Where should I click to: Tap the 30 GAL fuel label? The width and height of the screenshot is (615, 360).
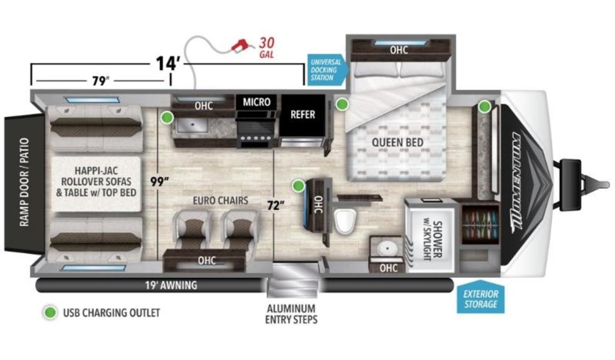[267, 48]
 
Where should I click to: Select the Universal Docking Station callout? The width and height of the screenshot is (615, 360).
[327, 70]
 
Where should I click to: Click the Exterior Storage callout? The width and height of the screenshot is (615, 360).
[481, 297]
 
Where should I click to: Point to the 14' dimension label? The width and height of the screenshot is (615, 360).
[167, 63]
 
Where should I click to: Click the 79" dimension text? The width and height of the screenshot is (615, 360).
[100, 81]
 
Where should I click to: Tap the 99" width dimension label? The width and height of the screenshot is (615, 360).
[159, 182]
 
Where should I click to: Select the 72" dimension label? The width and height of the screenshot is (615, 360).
[276, 205]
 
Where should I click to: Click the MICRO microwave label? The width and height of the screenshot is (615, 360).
[257, 102]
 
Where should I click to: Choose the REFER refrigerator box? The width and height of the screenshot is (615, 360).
[302, 115]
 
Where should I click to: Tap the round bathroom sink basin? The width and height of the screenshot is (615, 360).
[387, 248]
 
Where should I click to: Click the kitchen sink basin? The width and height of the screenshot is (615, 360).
[192, 125]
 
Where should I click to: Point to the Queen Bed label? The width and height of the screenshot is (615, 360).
[397, 143]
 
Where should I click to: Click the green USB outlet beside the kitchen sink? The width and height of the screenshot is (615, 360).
[167, 117]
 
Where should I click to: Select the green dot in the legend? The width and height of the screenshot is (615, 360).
[50, 312]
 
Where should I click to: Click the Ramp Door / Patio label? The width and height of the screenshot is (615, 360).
[24, 182]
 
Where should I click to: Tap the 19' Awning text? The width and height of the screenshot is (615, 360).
[171, 285]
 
